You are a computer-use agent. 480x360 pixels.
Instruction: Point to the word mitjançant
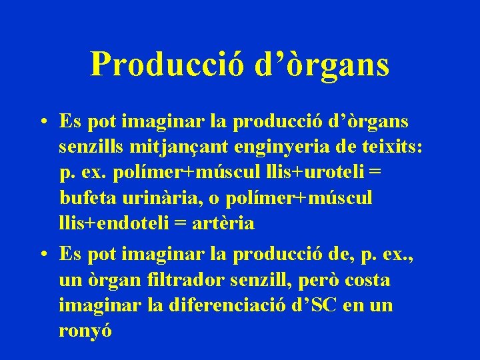tap(172, 147)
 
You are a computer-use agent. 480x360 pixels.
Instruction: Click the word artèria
tap(223, 223)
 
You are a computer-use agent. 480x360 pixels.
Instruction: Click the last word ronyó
tap(85, 331)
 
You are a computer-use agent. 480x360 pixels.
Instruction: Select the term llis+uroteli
tap(317, 173)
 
